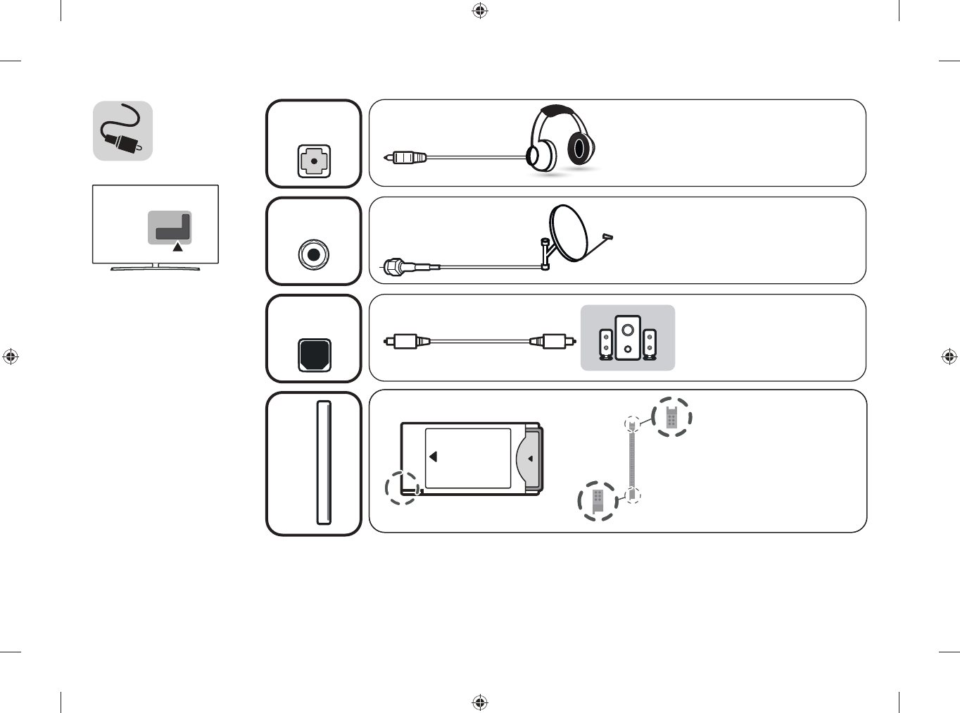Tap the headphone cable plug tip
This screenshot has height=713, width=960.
(x=389, y=157)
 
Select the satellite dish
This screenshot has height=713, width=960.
(x=569, y=232)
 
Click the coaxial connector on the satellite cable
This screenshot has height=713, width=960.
(x=393, y=268)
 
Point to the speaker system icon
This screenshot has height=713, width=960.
(x=627, y=338)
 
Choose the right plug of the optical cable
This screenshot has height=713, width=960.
(x=553, y=342)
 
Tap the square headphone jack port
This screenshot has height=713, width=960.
(x=314, y=161)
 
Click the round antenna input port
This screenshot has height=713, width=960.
(x=314, y=254)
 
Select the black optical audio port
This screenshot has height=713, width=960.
(x=315, y=355)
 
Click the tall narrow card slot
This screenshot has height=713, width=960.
(x=324, y=463)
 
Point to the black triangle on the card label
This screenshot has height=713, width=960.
(x=434, y=457)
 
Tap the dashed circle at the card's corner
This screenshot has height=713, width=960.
(x=403, y=488)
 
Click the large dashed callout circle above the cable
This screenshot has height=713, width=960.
(x=671, y=417)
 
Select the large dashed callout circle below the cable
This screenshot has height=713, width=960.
(x=598, y=501)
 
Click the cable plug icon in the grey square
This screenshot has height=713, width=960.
(x=122, y=131)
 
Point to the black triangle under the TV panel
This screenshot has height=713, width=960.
(x=178, y=247)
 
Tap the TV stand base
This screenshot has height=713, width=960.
(x=156, y=268)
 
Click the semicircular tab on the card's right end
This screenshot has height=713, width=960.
(x=529, y=458)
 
